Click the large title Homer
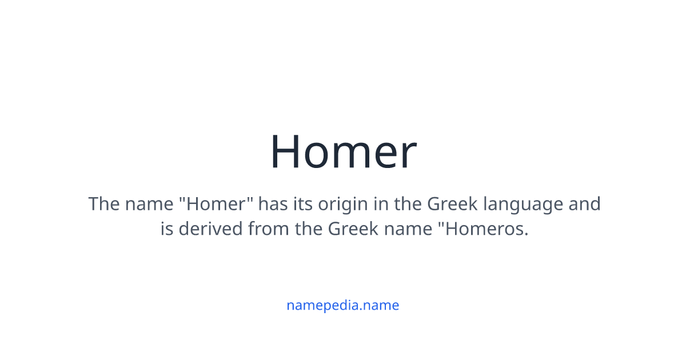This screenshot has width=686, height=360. point(343,152)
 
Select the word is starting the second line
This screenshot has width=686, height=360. point(166,229)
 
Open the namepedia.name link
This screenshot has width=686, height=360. point(343,305)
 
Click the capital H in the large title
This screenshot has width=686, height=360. point(286,152)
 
